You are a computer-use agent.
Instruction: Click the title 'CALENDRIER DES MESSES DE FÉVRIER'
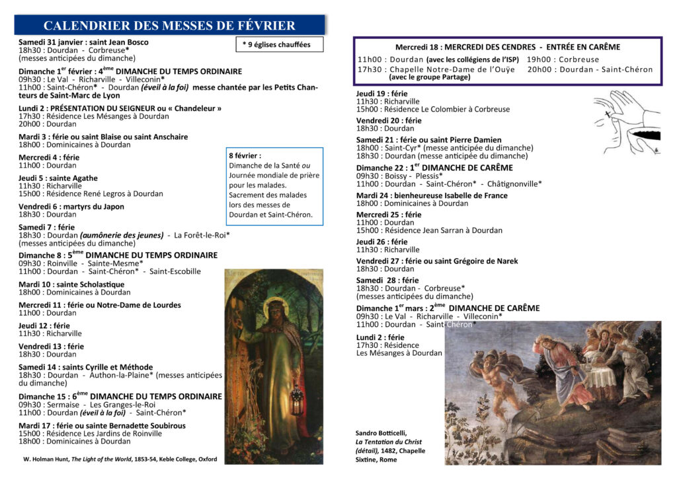coord(169,26)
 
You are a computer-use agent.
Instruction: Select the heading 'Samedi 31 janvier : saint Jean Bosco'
coord(83,42)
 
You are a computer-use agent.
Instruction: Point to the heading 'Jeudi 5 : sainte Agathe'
coord(58,178)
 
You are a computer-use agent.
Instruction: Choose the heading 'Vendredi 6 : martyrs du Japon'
coord(71,207)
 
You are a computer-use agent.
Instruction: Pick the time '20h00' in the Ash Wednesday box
coord(540,69)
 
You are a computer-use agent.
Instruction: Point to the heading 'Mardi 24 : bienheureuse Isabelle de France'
coord(432,195)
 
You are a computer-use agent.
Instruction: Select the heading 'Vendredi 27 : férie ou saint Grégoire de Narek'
coord(437,261)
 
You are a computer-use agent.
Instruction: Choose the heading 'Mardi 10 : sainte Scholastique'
coord(71,285)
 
